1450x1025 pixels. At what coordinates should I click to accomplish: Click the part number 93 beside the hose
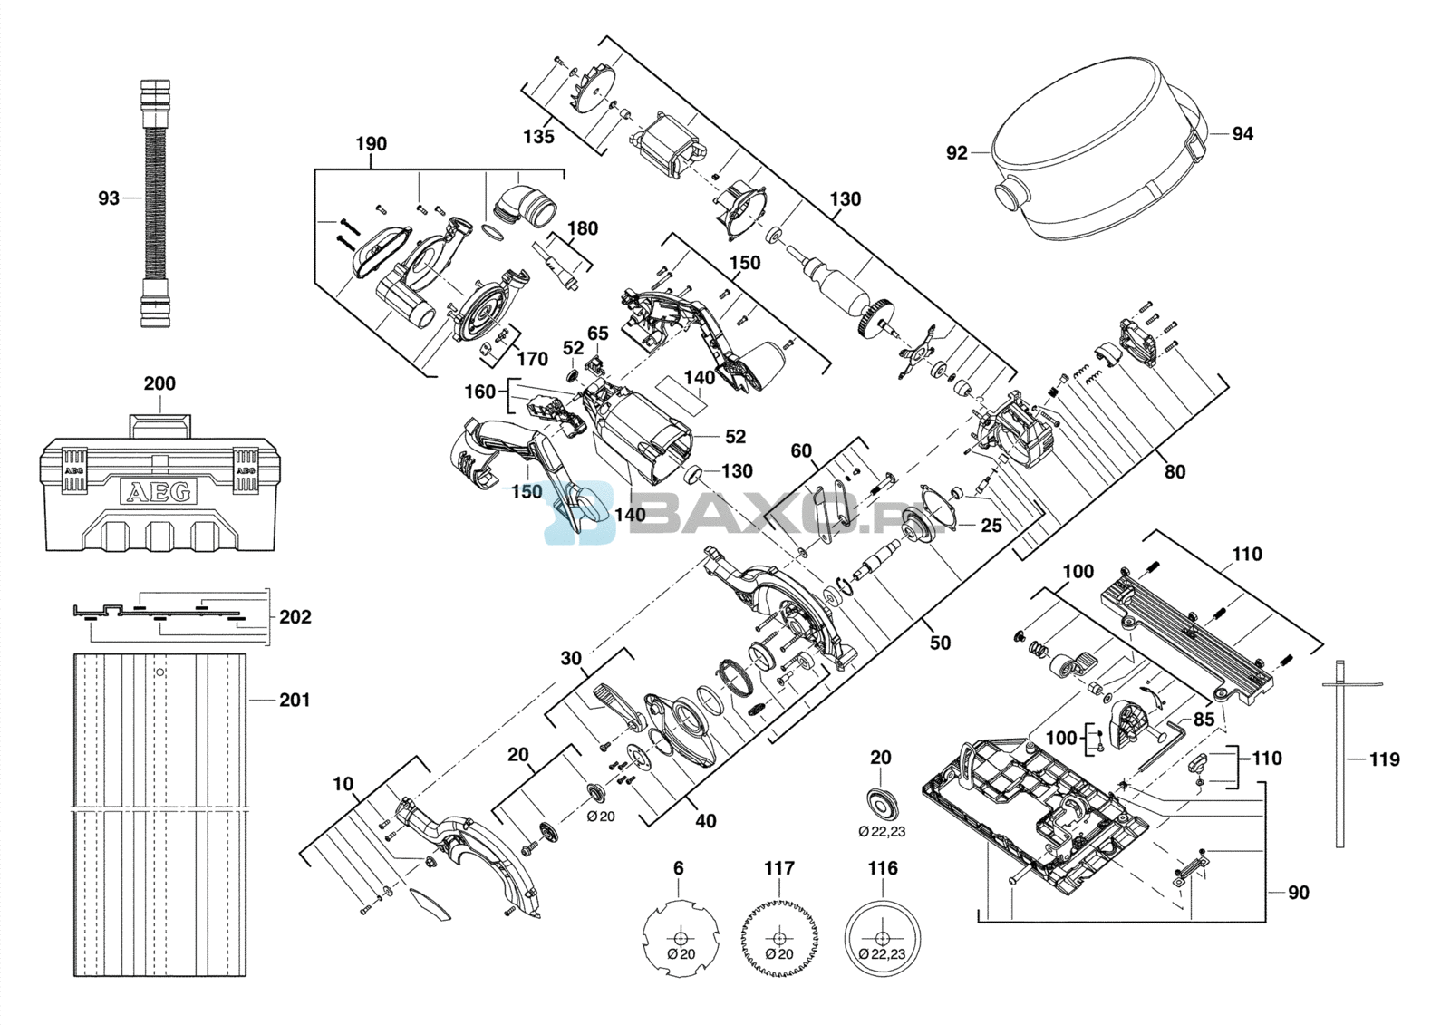(x=109, y=198)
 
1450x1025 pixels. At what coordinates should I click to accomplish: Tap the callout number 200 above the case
(x=159, y=384)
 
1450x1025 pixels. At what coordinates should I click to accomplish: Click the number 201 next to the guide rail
(x=295, y=700)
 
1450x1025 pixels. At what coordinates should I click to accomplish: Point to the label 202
(x=295, y=617)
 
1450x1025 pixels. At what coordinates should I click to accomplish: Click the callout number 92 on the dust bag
(x=957, y=153)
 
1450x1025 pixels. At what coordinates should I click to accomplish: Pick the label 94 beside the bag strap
(x=1242, y=134)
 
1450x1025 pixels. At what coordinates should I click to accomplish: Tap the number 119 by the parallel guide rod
(x=1385, y=759)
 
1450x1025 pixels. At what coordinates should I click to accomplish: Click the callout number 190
(x=372, y=144)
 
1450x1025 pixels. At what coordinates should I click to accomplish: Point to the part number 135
(x=539, y=137)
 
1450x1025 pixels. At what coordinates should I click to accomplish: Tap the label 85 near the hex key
(x=1204, y=720)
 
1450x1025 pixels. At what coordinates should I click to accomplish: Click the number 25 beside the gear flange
(x=991, y=525)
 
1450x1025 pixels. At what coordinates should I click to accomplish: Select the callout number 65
(x=597, y=334)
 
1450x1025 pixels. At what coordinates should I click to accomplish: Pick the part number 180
(x=583, y=228)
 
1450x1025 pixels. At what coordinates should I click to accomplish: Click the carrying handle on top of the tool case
(x=159, y=425)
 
